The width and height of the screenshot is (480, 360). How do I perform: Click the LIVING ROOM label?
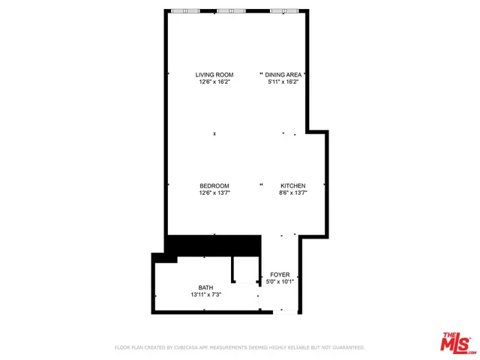(214, 75)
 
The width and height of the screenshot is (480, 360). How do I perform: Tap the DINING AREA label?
(284, 75)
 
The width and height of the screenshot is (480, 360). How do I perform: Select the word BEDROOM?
(214, 186)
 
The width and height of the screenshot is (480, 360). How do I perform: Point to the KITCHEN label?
(293, 186)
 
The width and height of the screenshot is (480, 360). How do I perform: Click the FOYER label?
(280, 275)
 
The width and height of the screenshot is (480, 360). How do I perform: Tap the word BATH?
(205, 288)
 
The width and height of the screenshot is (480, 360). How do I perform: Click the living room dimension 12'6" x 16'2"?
(214, 82)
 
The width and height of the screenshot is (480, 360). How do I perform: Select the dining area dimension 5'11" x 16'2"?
(284, 82)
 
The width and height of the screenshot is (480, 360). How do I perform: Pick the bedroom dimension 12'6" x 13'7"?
(214, 193)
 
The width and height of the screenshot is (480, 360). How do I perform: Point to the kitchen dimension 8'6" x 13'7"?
(293, 193)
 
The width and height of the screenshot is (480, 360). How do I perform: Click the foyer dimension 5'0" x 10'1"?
(280, 283)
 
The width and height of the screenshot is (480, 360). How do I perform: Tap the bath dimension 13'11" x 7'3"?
(205, 295)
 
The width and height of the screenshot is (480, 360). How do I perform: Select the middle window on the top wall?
(231, 10)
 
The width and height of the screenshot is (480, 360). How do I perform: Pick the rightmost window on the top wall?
(283, 10)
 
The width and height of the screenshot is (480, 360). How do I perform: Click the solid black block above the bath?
(212, 246)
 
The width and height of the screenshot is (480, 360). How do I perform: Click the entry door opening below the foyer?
(284, 310)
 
